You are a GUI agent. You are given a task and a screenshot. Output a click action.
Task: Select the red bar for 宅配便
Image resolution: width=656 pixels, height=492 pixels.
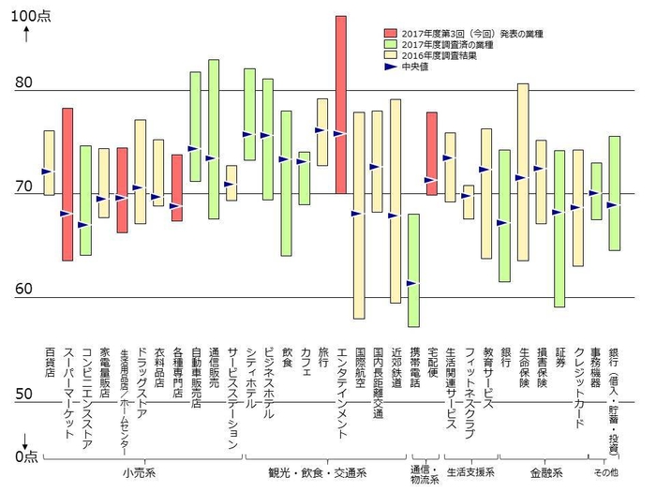pyautogui.click(x=431, y=154)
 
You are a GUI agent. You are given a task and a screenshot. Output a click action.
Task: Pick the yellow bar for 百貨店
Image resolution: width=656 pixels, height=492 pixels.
pyautogui.click(x=49, y=163)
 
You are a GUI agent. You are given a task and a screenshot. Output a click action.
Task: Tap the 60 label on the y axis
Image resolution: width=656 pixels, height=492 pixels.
pyautogui.click(x=24, y=290)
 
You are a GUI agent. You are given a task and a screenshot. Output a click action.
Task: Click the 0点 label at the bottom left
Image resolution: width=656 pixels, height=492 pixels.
pyautogui.click(x=26, y=455)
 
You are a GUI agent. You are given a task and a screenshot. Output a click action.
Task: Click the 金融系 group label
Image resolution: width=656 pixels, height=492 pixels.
pyautogui.click(x=544, y=471)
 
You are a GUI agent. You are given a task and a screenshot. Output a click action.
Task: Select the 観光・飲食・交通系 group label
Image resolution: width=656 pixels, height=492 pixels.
pyautogui.click(x=323, y=471)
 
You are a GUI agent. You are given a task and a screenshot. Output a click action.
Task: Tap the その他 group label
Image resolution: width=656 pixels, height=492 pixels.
pyautogui.click(x=607, y=471)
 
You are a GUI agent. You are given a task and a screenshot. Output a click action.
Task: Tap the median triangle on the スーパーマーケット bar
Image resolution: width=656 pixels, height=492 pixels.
pyautogui.click(x=66, y=214)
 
